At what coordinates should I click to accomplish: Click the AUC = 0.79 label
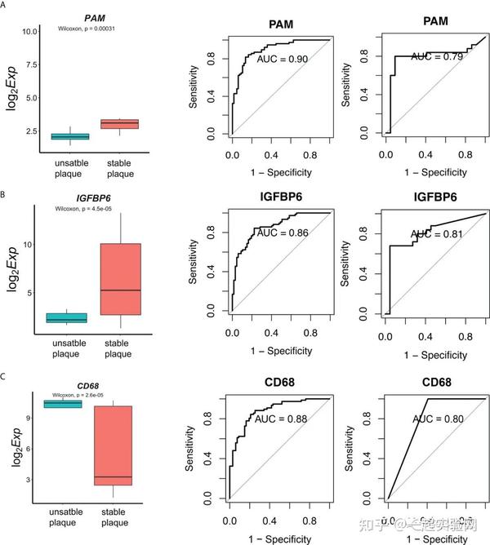click(x=438, y=56)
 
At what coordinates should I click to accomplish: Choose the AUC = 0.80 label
click(x=438, y=419)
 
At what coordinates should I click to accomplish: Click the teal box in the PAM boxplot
click(x=69, y=136)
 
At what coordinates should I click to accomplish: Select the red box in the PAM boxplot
click(x=118, y=123)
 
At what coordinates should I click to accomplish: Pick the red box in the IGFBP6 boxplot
click(x=118, y=279)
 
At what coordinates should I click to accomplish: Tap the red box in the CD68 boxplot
click(x=113, y=445)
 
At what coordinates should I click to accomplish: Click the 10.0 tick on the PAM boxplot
click(x=30, y=31)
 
